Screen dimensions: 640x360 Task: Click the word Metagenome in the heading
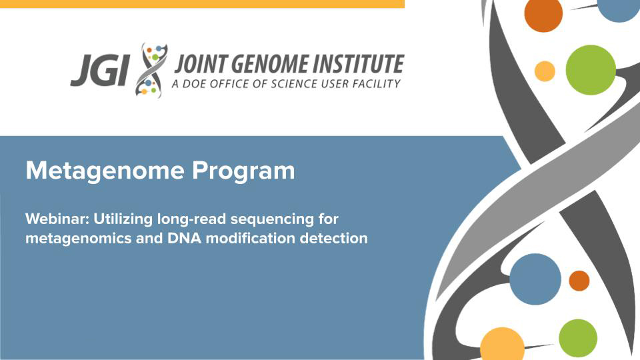coord(105,171)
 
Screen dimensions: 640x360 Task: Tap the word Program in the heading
coord(243,171)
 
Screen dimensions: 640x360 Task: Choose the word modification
coord(251,238)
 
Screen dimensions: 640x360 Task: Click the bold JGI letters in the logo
coord(100,71)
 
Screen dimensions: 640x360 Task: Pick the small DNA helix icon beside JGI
coord(151,70)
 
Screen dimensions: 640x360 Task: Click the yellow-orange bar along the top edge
coord(202,4)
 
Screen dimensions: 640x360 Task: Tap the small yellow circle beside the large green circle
coord(545,71)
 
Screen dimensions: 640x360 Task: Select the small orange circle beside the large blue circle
coord(579,281)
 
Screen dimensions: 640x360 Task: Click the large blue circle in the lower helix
coord(535,279)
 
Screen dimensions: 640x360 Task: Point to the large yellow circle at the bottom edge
coord(502,345)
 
